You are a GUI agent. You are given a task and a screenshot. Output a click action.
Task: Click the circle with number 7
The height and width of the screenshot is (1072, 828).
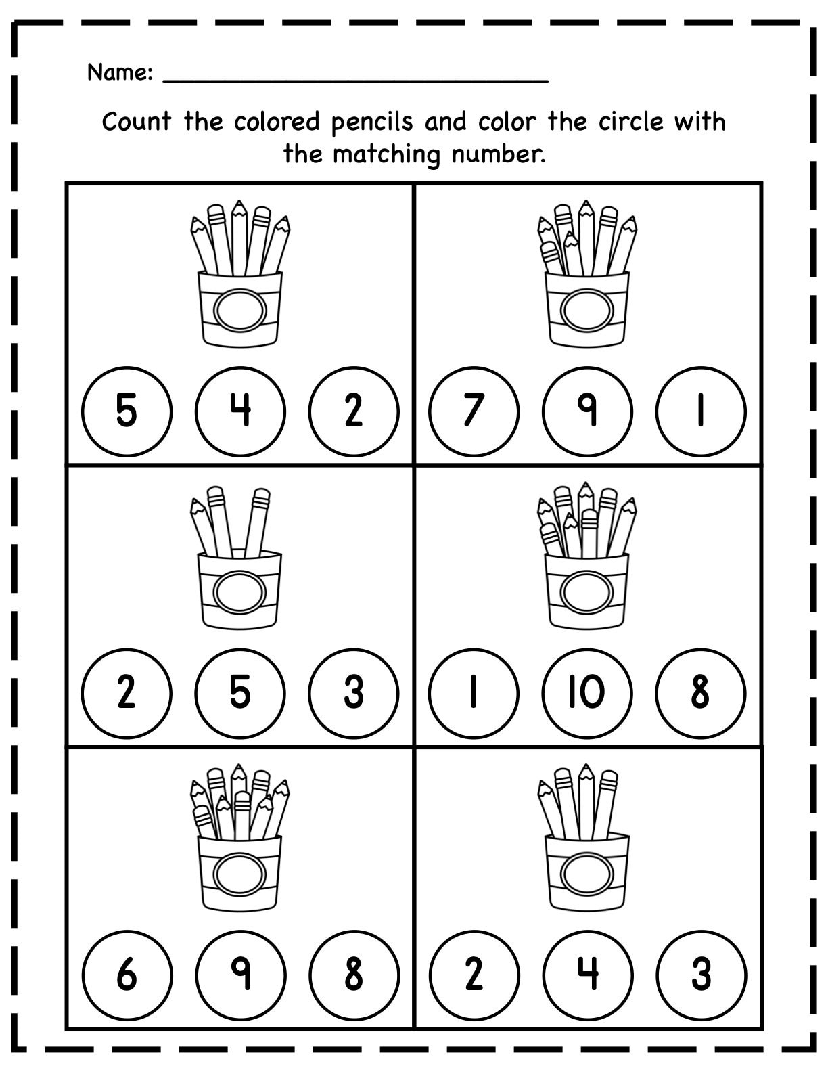coord(474,411)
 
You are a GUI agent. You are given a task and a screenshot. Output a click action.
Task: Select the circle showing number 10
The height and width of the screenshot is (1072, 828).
coord(587,693)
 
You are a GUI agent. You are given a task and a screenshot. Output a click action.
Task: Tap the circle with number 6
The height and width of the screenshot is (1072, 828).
coord(127,975)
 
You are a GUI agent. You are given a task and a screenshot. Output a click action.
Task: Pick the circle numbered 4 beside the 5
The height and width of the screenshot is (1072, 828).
coord(240,411)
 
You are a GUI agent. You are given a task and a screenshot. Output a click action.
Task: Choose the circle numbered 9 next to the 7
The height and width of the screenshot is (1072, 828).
coord(587,411)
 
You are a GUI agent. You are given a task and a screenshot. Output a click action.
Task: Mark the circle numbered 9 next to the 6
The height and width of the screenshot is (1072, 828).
coord(240,975)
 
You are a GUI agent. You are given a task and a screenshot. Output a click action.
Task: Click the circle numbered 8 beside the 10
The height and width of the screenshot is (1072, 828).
coord(701,693)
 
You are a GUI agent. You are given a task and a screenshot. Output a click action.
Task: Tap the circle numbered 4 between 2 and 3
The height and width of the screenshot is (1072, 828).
coord(587,975)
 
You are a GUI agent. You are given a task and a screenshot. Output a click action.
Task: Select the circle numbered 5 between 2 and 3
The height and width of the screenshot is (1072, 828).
coord(240,693)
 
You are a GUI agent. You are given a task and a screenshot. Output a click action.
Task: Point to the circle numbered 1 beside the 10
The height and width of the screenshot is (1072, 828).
coord(474,693)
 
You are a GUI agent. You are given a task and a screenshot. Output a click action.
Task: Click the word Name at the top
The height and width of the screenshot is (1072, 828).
coord(118,72)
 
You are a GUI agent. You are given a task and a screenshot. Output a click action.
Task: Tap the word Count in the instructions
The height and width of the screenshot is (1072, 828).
coord(136,122)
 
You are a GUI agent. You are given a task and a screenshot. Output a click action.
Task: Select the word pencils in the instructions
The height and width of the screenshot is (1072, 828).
coord(371,122)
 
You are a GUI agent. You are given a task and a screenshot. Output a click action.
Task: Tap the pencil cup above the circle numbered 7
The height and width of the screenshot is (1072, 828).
coord(587,308)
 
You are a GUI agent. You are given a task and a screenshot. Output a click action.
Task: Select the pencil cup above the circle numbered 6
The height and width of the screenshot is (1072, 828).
coord(240,873)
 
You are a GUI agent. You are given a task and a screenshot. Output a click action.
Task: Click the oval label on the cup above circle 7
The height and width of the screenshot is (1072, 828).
coord(587,310)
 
